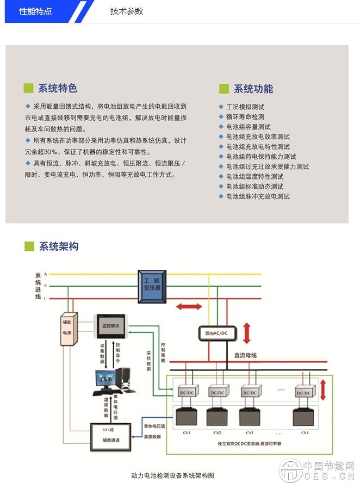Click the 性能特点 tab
pyautogui.click(x=36, y=11)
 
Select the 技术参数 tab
pyautogui.click(x=127, y=11)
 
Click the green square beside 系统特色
pyautogui.click(x=29, y=89)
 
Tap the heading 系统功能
pyautogui.click(x=253, y=89)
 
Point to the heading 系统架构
pyautogui.click(x=59, y=246)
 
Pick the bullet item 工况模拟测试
pyautogui.click(x=245, y=107)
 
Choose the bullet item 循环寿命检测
pyautogui.click(x=245, y=117)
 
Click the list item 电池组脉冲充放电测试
pyautogui.click(x=258, y=196)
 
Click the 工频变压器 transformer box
pyautogui.click(x=152, y=287)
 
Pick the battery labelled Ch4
pyautogui.click(x=305, y=417)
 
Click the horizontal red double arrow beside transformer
pyautogui.click(x=188, y=307)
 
